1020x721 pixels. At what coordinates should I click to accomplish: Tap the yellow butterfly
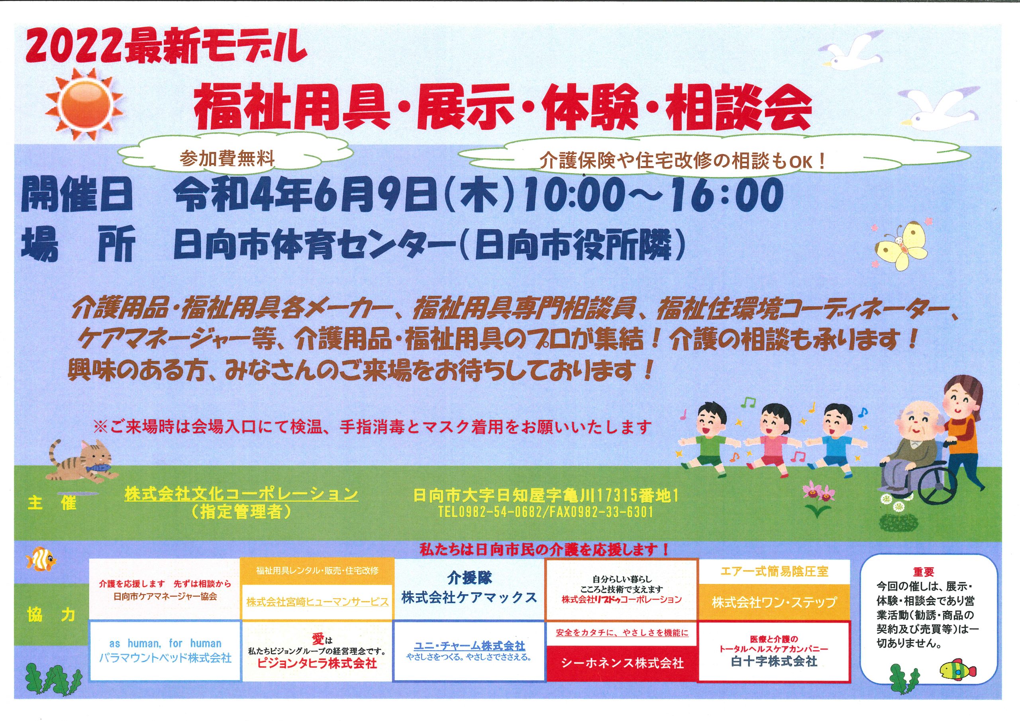click(900, 245)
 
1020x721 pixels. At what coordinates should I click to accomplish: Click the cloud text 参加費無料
click(228, 159)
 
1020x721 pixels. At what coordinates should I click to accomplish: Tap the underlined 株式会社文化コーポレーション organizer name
click(241, 494)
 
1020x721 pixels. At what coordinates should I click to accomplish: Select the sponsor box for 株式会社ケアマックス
click(469, 590)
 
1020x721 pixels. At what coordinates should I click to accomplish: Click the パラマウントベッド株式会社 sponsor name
click(165, 658)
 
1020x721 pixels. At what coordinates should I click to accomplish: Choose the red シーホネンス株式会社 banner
click(622, 663)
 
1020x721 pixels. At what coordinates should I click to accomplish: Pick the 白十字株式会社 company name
click(774, 662)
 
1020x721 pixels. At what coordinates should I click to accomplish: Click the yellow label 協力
click(51, 616)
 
